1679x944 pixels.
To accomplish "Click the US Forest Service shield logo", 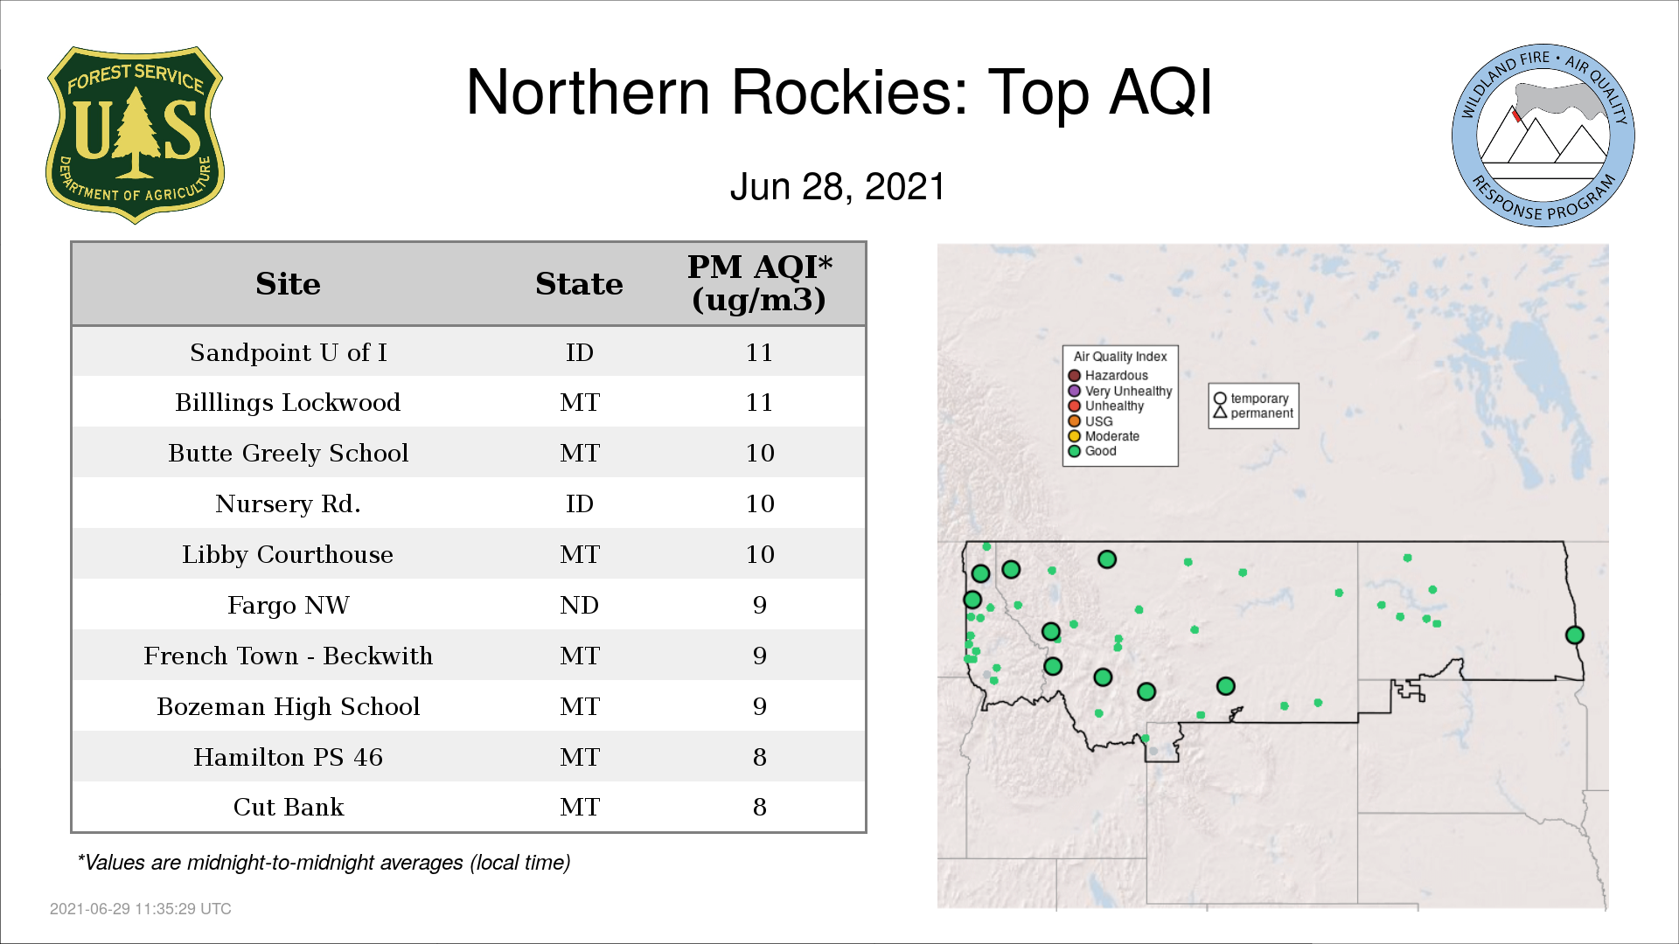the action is click(x=135, y=135).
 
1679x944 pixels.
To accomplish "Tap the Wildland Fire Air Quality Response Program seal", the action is click(x=1543, y=135).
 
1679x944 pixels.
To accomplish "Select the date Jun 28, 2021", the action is click(x=838, y=187).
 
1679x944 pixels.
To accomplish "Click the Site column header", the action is click(x=288, y=284).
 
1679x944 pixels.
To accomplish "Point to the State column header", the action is click(x=579, y=284).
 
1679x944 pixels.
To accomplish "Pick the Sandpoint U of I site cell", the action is click(x=289, y=352).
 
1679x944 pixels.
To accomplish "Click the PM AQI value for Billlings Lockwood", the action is click(x=759, y=402).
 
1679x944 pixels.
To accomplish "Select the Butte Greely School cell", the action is click(x=289, y=453).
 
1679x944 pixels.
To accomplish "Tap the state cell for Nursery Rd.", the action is click(x=579, y=503).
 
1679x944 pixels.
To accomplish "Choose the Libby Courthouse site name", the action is click(x=288, y=554).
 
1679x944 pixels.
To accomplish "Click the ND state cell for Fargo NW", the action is click(x=579, y=605).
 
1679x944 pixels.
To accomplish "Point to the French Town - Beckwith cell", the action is click(x=289, y=656).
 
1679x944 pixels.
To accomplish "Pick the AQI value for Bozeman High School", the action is click(x=759, y=706).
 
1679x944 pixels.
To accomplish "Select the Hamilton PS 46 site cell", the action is click(x=289, y=757).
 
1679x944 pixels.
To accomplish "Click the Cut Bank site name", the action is click(x=289, y=807).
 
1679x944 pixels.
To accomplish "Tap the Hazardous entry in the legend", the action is click(x=1108, y=376).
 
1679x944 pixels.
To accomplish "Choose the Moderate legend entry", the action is click(x=1104, y=436).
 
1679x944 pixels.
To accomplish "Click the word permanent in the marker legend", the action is click(x=1262, y=413).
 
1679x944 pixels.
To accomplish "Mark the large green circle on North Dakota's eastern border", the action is click(x=1574, y=635).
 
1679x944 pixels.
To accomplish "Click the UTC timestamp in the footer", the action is click(x=141, y=909).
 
